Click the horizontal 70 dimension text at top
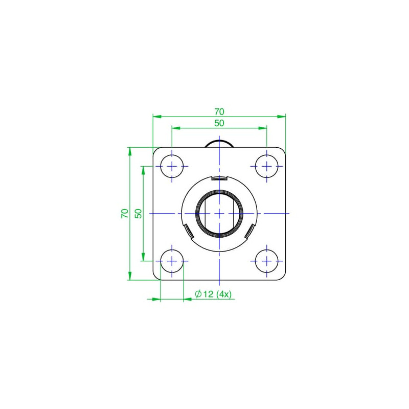click(x=219, y=111)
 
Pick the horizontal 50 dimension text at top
click(x=219, y=123)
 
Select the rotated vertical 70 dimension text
click(x=125, y=214)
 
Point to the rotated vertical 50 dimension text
click(x=138, y=214)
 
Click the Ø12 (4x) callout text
click(x=213, y=294)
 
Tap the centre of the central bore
click(x=219, y=214)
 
